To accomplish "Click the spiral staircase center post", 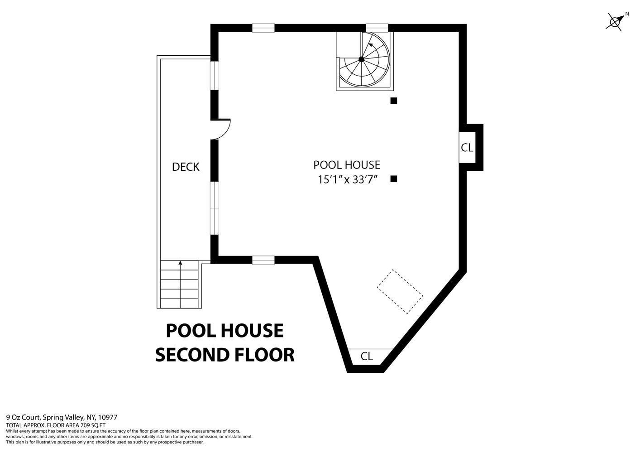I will tap(361, 59).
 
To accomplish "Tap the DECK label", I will tap(186, 167).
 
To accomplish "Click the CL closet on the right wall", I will tap(467, 148).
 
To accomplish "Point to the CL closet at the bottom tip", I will tap(367, 357).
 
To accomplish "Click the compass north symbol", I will tap(616, 21).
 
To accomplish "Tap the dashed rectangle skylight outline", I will tap(400, 291).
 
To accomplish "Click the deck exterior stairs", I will tap(180, 284).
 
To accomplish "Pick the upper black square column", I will tap(394, 101).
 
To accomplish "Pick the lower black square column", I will tap(394, 179).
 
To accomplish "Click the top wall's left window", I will tap(263, 28).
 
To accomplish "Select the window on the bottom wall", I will tap(263, 260).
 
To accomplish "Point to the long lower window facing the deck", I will tap(215, 208).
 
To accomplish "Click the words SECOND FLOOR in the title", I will tap(225, 355).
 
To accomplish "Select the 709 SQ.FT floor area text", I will tap(93, 425).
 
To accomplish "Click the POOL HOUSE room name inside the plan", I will tap(347, 165).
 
